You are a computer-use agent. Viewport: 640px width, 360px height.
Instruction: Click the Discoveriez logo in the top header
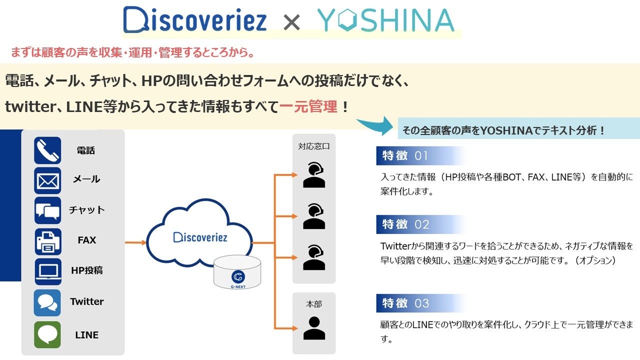[x=195, y=21]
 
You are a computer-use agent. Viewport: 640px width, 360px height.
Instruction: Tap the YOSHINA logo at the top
[x=385, y=21]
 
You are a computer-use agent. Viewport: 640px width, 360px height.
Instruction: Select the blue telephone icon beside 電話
[x=47, y=150]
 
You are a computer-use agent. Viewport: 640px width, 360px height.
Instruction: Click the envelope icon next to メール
[x=47, y=180]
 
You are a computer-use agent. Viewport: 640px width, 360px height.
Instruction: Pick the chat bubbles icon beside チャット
[x=47, y=210]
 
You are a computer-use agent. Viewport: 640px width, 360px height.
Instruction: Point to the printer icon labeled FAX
[x=47, y=241]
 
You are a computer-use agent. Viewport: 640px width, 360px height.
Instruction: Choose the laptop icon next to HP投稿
[x=47, y=271]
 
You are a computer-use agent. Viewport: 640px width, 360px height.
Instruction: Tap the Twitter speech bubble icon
[x=47, y=302]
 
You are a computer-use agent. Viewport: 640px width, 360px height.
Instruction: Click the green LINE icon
[x=47, y=334]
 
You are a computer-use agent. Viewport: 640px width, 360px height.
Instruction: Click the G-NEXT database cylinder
[x=237, y=272]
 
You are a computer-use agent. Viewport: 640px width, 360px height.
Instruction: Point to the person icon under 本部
[x=314, y=328]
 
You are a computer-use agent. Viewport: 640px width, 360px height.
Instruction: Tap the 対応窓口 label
[x=314, y=146]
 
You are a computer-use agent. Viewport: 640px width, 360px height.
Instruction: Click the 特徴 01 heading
[x=405, y=156]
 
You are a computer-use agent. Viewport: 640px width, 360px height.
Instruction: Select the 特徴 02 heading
[x=405, y=224]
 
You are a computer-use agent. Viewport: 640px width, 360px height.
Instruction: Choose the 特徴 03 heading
[x=405, y=303]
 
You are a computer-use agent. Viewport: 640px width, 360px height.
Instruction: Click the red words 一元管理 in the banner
[x=308, y=106]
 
